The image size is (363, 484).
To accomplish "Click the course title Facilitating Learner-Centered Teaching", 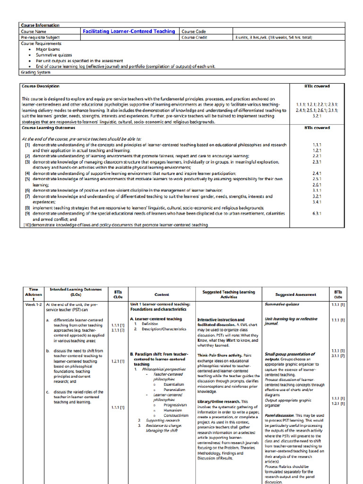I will click(x=129, y=31).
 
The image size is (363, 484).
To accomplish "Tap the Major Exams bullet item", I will click(x=46, y=49).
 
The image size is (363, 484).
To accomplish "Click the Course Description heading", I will click(x=41, y=86).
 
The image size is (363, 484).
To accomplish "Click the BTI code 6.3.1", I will click(x=317, y=213).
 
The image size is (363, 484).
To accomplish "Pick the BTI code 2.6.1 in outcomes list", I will click(x=317, y=185).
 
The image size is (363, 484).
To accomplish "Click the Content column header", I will click(x=162, y=294).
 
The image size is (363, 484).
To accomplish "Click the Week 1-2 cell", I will click(x=33, y=304).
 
